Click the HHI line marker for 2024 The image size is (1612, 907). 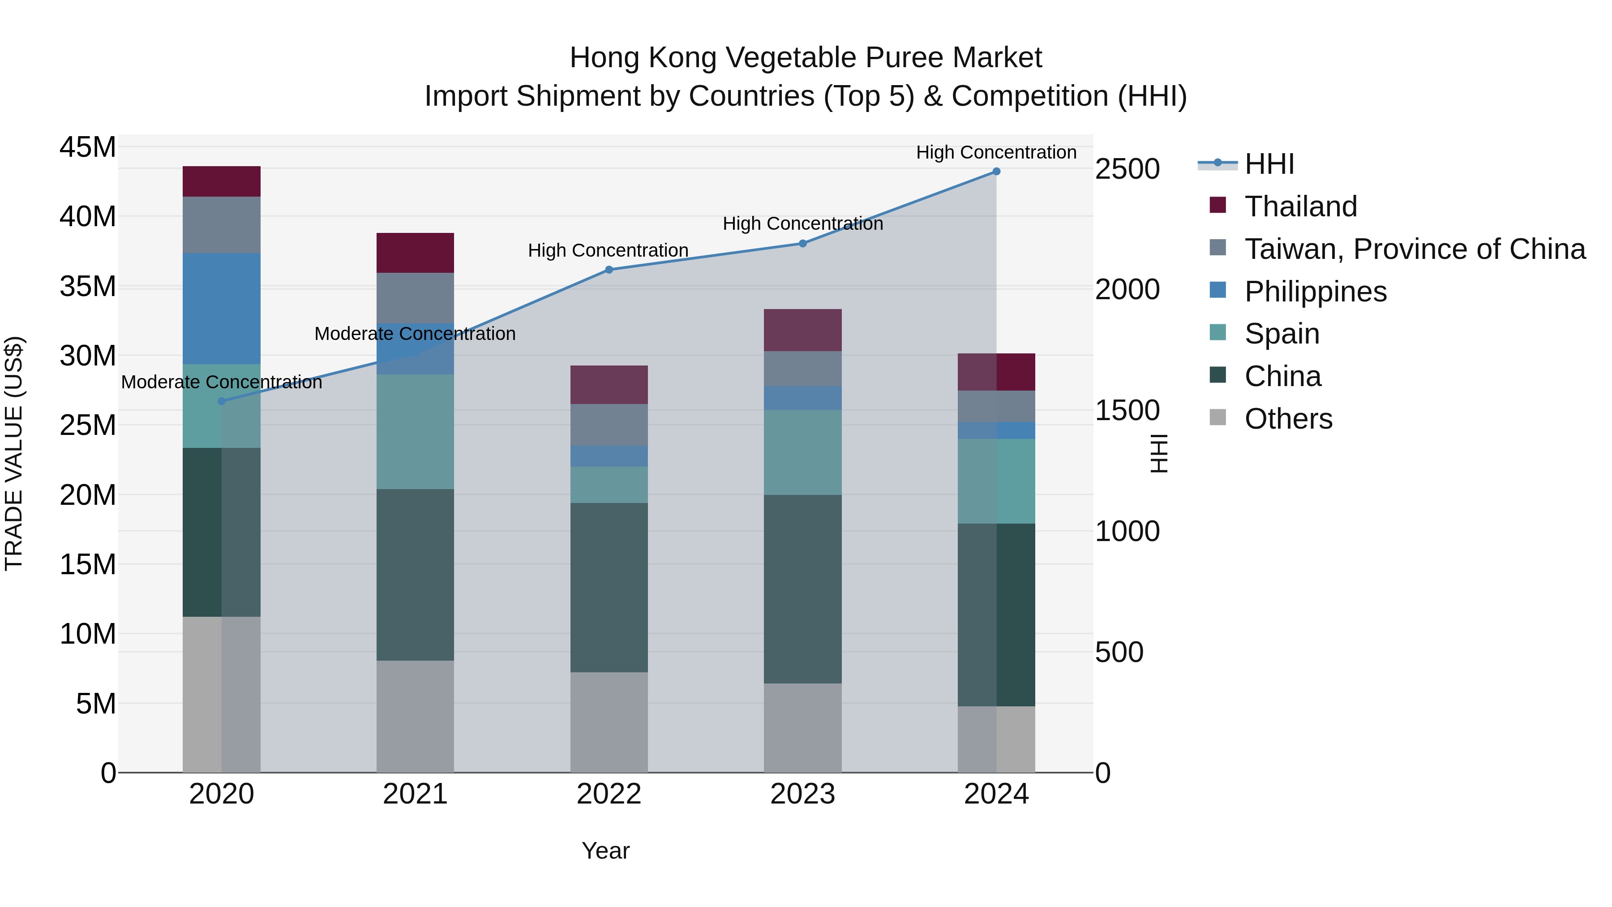coord(996,172)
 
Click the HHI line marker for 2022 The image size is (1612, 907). coord(609,270)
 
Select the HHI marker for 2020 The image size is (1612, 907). coord(222,401)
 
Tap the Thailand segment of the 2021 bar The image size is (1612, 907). coord(415,253)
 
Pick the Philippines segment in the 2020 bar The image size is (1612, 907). coord(222,309)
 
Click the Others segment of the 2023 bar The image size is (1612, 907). coord(802,727)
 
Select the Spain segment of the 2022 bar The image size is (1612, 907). coord(609,485)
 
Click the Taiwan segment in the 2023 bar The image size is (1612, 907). coord(802,369)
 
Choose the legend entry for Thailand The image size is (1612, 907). coord(1300,206)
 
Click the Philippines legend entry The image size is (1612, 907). coord(1316,292)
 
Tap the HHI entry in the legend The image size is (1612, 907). coord(1269,164)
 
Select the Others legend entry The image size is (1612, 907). coord(1288,419)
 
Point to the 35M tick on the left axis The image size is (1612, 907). coord(88,287)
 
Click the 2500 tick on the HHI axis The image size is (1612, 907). coord(1128,169)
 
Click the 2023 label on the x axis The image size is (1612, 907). coord(802,794)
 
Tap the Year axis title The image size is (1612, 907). coord(605,851)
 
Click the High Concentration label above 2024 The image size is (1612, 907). coord(996,152)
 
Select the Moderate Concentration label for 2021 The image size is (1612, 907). coord(415,334)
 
